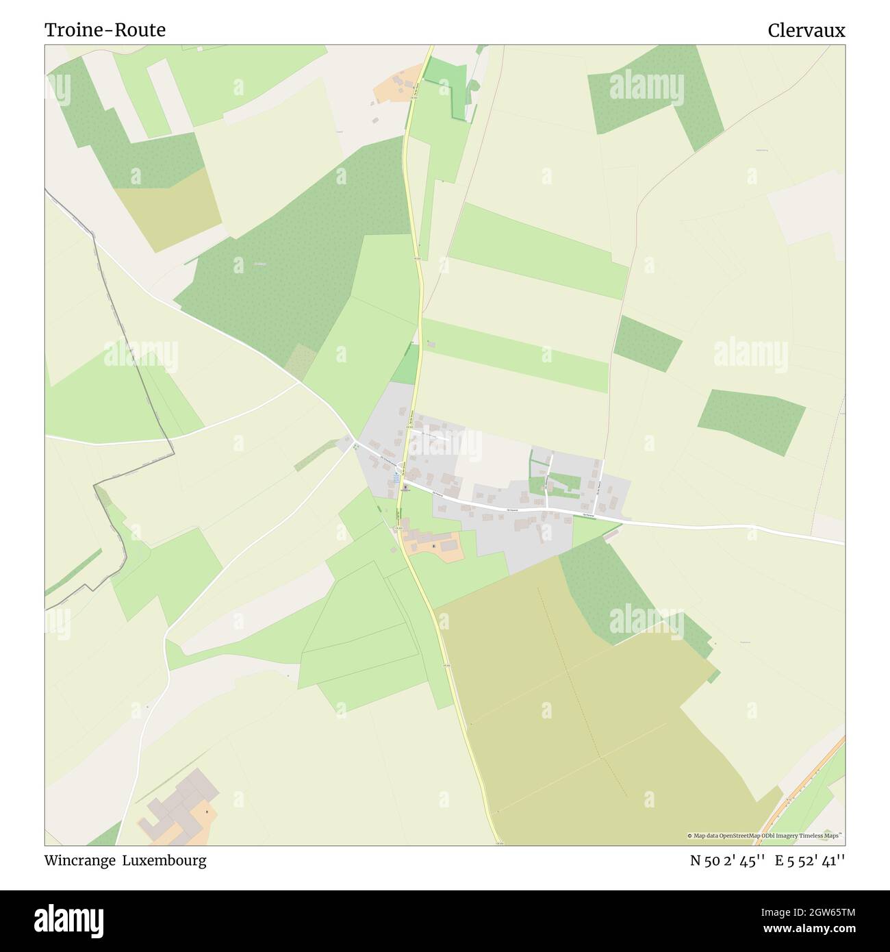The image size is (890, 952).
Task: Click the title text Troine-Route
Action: coord(105,30)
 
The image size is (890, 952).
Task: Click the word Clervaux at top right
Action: coord(806,30)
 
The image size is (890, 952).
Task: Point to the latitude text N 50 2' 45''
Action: coord(726,861)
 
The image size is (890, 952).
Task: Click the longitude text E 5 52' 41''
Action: coord(810,861)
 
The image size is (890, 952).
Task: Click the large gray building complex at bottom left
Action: coord(180,799)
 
